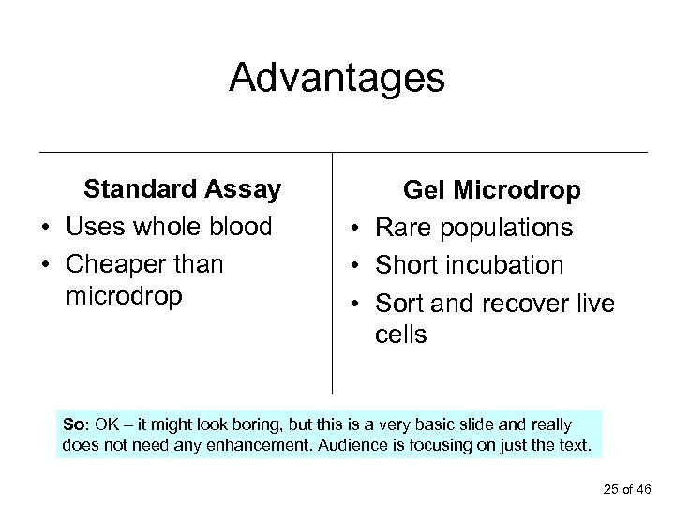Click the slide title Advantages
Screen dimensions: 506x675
[x=337, y=79]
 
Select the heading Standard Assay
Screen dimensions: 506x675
[x=182, y=190]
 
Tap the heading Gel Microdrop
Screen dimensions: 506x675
[x=492, y=191]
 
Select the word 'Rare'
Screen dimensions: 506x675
[x=406, y=228]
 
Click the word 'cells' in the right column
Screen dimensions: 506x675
[x=400, y=335]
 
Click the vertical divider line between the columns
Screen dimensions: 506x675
[x=333, y=272]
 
